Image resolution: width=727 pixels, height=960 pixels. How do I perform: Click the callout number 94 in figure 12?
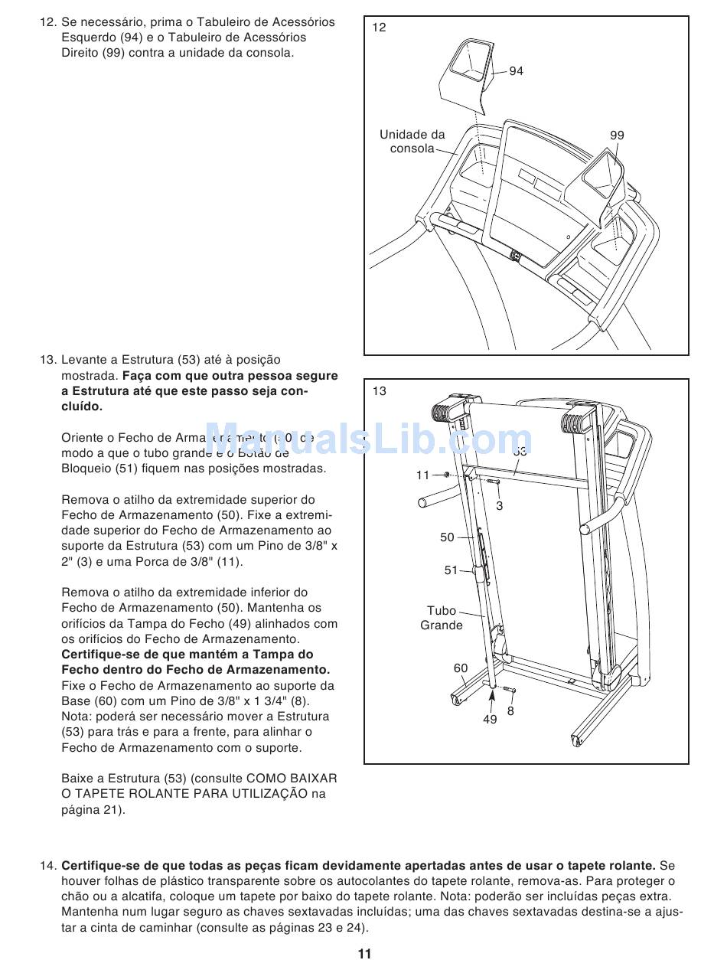click(516, 71)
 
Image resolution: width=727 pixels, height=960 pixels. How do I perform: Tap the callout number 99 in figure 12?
click(617, 136)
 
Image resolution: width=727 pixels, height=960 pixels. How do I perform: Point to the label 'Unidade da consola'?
click(412, 142)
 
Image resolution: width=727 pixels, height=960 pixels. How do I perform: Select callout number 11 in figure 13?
click(422, 475)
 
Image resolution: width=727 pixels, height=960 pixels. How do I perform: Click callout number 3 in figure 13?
click(500, 506)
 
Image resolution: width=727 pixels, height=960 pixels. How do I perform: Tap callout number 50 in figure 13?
click(447, 537)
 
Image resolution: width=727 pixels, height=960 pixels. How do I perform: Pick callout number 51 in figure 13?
click(451, 570)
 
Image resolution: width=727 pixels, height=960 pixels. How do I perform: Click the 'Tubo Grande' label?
click(442, 618)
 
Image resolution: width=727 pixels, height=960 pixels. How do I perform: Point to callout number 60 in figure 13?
click(460, 668)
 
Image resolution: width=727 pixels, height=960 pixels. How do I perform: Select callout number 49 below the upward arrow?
click(490, 719)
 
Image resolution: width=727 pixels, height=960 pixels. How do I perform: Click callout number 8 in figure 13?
click(510, 710)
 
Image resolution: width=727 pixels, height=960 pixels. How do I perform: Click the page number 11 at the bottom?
click(363, 953)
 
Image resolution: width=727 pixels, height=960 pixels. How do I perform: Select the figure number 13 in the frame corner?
click(380, 391)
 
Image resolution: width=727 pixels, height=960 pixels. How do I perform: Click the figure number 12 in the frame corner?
click(380, 28)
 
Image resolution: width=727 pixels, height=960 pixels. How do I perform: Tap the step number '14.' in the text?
click(48, 866)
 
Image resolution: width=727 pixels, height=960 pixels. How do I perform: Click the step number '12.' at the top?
click(48, 22)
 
